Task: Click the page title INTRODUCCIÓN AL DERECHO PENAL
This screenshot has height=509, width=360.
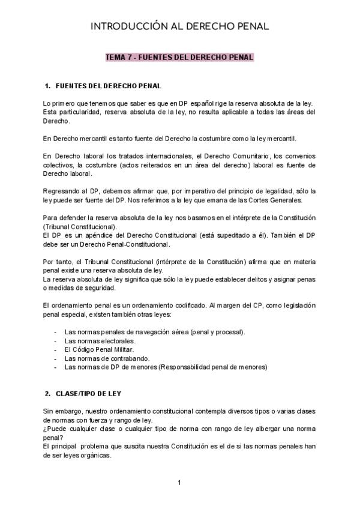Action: tap(179, 26)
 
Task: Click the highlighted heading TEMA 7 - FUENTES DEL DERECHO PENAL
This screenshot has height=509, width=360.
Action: tap(179, 58)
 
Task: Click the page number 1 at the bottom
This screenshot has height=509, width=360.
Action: tap(179, 482)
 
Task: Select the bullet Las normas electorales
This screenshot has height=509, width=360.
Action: tap(95, 341)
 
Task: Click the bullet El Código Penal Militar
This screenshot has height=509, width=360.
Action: tap(98, 349)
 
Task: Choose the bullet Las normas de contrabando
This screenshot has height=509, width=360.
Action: tap(103, 358)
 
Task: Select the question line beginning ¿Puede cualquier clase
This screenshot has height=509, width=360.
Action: tap(180, 429)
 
